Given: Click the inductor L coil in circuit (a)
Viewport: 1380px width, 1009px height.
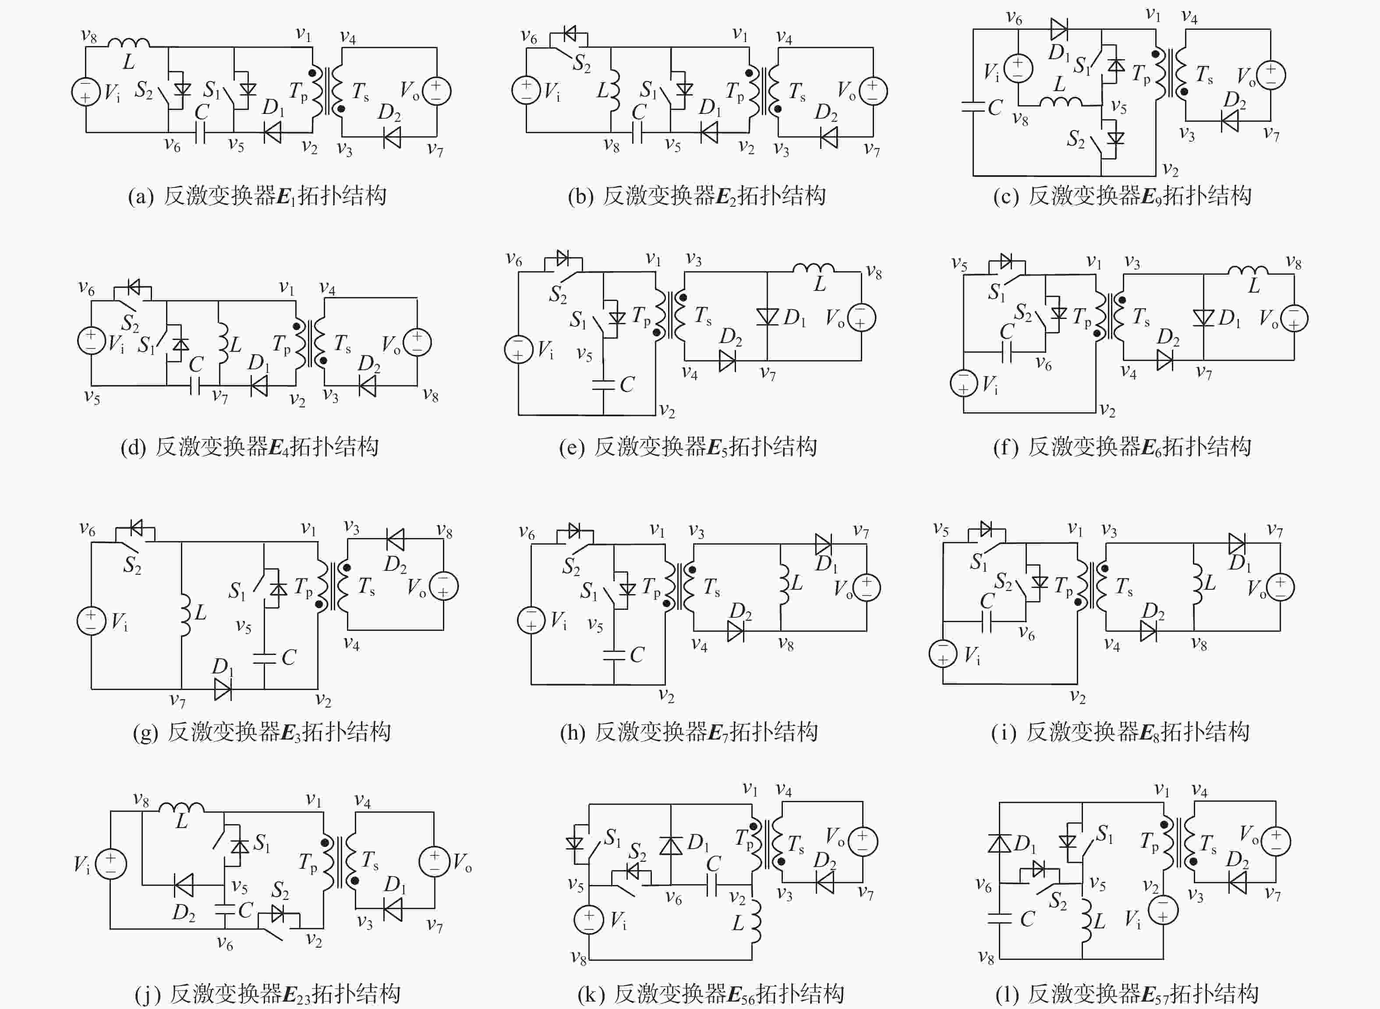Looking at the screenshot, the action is pos(128,43).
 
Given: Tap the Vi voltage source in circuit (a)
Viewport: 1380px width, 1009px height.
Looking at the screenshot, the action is pos(86,92).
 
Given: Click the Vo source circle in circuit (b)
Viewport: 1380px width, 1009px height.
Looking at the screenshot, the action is pos(873,91).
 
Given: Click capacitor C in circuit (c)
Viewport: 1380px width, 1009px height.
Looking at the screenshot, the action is pos(973,107).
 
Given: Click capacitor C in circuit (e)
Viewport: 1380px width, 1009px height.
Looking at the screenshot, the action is pos(603,384).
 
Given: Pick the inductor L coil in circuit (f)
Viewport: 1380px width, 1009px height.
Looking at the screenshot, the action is pos(1248,271).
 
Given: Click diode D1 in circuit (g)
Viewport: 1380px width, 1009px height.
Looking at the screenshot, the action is pos(223,689).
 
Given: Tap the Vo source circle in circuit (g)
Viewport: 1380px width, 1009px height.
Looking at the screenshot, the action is pos(444,586).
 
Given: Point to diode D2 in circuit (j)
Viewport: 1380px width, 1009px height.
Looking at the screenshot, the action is pos(184,885).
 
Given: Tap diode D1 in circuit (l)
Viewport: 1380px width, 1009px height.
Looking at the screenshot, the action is pos(1000,843).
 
